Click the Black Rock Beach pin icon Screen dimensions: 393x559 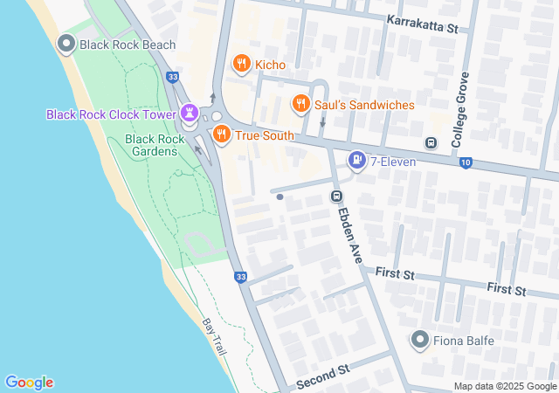66,44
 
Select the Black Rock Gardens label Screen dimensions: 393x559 155,145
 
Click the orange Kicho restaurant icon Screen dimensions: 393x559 241,64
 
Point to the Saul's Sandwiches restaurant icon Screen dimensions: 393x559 301,105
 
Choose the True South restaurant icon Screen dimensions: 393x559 222,134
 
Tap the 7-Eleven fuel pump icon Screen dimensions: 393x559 356,161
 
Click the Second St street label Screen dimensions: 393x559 322,376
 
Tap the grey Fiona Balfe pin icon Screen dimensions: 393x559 420,340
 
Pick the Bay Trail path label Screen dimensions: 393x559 214,336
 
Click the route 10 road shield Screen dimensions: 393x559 466,162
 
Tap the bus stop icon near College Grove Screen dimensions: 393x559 430,142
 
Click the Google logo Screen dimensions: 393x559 29,383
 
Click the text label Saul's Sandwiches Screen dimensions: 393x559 364,105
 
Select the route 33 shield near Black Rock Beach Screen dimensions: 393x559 173,77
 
